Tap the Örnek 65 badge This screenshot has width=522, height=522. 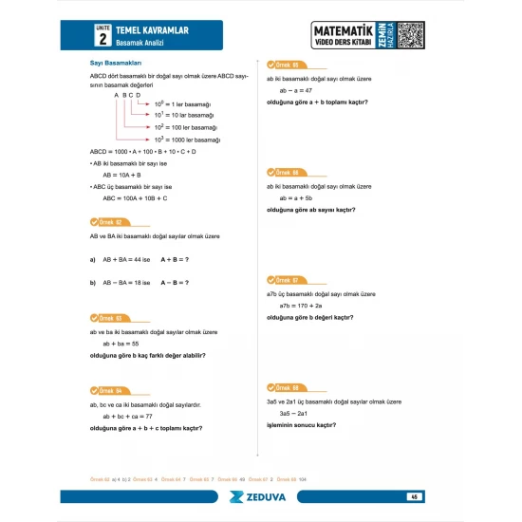point(284,64)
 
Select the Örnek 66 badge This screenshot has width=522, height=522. point(284,173)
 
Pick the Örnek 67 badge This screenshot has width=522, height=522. point(284,280)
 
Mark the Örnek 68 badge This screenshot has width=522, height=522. point(284,388)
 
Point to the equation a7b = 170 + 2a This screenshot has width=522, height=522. point(302,306)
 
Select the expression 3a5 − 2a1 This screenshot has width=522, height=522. point(294,414)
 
